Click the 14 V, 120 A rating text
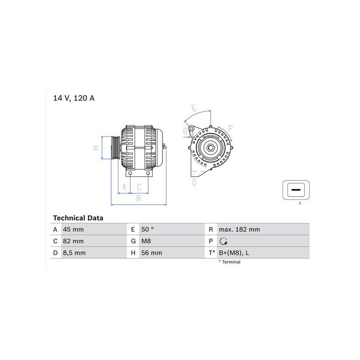click(x=74, y=98)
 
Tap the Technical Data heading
click(x=78, y=218)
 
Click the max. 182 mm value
click(x=239, y=229)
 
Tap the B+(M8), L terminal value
click(x=234, y=253)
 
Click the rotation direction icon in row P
click(x=223, y=241)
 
